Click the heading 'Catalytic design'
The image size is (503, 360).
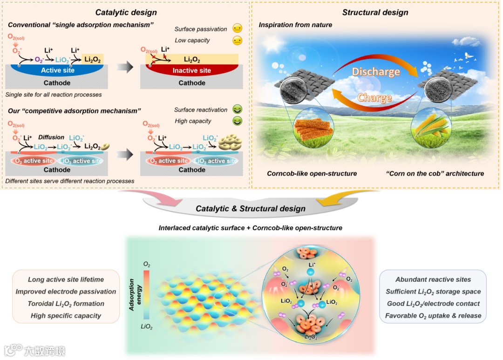point(126,12)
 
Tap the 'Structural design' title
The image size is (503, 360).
point(375,12)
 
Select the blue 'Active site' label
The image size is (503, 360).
point(58,71)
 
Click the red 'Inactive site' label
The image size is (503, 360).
point(191,71)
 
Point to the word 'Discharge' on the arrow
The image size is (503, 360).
point(375,72)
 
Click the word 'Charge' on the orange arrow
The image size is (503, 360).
point(374,98)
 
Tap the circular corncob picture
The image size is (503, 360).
point(314,130)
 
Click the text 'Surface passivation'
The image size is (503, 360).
point(201,29)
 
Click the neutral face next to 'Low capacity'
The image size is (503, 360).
point(238,41)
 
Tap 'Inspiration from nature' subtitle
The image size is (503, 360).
point(295,25)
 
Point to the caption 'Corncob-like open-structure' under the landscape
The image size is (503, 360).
point(312,174)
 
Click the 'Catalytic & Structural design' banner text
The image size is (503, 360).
point(251,209)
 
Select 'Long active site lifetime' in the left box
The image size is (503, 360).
point(66,279)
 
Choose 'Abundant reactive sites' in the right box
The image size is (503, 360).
point(433,279)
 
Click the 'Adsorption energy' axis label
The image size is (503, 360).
point(135,295)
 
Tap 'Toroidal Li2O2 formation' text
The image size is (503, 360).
point(66,304)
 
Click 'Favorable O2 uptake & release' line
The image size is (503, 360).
point(433,316)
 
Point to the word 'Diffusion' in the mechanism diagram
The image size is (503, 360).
point(51,137)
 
